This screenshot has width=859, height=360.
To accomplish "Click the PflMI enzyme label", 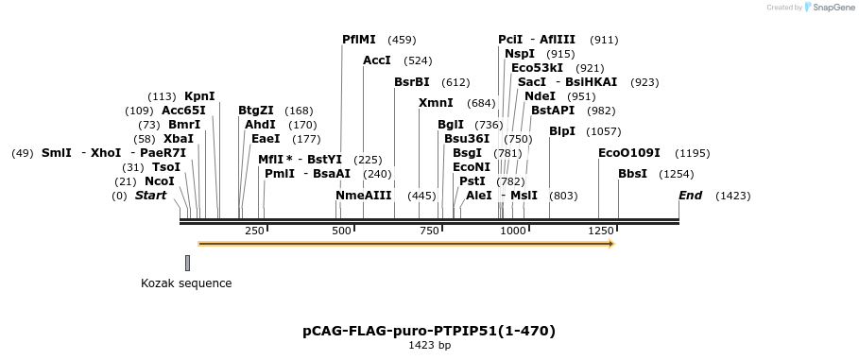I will [359, 40].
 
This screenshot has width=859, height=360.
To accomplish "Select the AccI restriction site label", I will [377, 60].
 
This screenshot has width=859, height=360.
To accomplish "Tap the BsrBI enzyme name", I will [412, 81].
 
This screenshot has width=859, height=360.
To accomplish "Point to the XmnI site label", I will [436, 102].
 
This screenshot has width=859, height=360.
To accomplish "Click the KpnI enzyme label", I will [199, 96].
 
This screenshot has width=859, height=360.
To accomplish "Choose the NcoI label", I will [159, 180].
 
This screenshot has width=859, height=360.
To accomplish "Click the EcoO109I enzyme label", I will [629, 152].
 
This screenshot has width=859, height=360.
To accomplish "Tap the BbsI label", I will [632, 173].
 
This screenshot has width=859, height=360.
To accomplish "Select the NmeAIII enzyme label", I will [364, 195].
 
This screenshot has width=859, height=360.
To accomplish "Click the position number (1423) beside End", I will [733, 196].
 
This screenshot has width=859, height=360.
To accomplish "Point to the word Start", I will [150, 196].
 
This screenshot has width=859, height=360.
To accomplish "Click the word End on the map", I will [691, 196].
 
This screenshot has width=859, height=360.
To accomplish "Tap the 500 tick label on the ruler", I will [342, 231].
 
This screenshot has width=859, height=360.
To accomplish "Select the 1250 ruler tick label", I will [599, 231].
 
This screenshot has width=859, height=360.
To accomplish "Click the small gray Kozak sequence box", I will [187, 263].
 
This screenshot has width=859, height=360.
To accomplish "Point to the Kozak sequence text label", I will [186, 283].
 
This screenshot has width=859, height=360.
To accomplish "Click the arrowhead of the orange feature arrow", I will [612, 244].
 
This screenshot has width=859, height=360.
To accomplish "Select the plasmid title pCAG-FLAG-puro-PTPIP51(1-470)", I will [429, 331].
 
